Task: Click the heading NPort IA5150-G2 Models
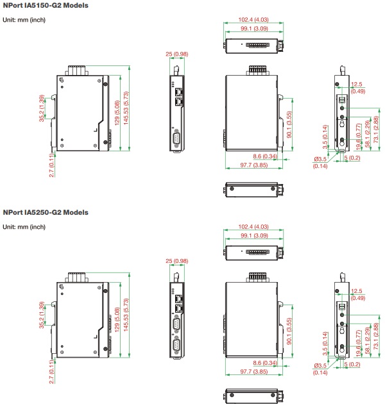[x=46, y=5]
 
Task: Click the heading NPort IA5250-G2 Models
[x=46, y=212]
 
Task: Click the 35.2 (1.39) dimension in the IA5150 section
[x=42, y=108]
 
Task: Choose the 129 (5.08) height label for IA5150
[x=116, y=113]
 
